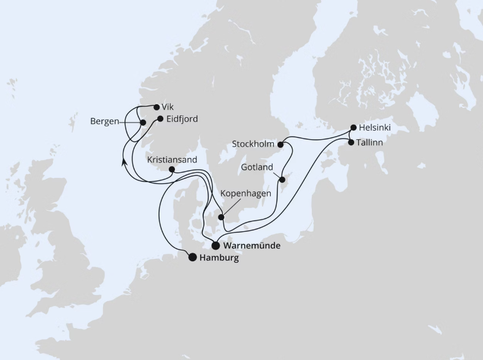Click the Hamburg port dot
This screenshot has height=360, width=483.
point(193,258)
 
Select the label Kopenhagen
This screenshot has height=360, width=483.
point(245,193)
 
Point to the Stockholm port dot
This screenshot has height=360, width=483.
point(280,145)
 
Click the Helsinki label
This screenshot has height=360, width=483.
point(374,128)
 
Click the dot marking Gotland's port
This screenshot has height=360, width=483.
point(282,180)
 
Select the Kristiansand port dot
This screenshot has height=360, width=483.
point(172,170)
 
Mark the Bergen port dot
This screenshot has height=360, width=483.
point(143,122)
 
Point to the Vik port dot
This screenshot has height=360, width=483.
point(156,106)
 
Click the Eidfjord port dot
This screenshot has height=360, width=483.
point(160,119)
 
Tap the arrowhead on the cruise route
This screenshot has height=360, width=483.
point(124,162)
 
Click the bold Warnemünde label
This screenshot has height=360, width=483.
point(252,246)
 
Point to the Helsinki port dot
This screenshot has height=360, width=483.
point(353,128)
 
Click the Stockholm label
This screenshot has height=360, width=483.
point(253,145)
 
